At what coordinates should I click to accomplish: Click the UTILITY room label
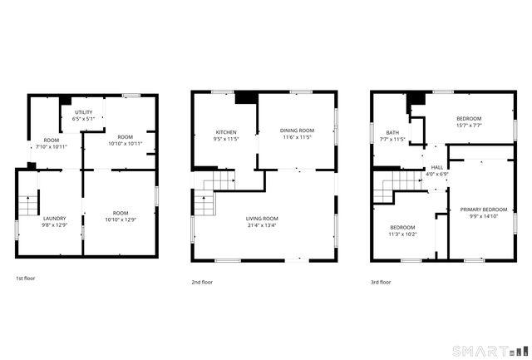(x=84, y=111)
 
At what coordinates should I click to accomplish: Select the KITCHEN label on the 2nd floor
(x=226, y=132)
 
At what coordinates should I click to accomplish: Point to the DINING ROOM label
(x=297, y=131)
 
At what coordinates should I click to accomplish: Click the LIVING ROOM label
(x=261, y=219)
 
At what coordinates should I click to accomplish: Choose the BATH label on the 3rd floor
(x=392, y=132)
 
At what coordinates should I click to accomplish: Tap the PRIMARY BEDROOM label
(x=484, y=210)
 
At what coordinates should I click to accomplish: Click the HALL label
(x=436, y=167)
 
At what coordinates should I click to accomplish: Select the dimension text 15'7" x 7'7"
(x=469, y=126)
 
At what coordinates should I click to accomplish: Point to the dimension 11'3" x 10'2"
(x=403, y=234)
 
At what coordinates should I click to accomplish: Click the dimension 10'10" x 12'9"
(x=121, y=220)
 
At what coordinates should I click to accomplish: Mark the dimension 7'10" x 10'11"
(x=52, y=147)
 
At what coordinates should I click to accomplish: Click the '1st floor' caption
(x=26, y=278)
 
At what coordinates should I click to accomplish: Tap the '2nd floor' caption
(x=203, y=282)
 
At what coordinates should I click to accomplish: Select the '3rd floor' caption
(x=381, y=282)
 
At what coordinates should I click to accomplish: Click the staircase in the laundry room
(x=27, y=205)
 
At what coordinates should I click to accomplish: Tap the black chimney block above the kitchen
(x=245, y=98)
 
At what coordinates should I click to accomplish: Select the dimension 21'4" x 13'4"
(x=261, y=225)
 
